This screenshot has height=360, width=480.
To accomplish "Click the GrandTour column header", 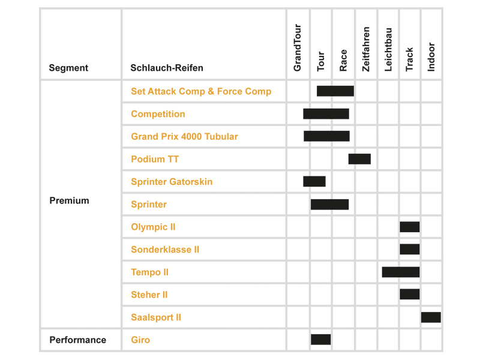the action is [297, 48].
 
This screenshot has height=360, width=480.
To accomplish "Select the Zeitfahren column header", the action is [366, 49].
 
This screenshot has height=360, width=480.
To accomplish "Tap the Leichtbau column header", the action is [388, 50].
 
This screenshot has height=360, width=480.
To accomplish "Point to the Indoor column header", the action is [431, 57].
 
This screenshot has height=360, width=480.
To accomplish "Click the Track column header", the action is [409, 59].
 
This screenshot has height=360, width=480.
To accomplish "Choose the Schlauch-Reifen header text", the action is [167, 68].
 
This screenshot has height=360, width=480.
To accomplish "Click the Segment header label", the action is [68, 68].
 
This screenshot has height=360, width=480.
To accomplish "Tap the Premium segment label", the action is [69, 200].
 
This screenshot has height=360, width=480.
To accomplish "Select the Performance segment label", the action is [78, 340].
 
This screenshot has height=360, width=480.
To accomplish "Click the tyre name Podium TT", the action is [155, 159].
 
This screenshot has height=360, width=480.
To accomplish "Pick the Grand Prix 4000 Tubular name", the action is [185, 137].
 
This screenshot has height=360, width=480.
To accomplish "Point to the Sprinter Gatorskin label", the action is [172, 182].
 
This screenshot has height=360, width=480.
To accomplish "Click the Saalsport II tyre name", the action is [156, 317].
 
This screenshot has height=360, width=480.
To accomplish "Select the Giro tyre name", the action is [140, 340].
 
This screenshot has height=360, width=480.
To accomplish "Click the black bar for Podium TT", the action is [359, 159].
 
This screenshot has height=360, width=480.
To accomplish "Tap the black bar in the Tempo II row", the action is [401, 272].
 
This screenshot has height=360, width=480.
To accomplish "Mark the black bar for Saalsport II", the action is [431, 317].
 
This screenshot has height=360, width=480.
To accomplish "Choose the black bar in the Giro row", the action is [321, 340].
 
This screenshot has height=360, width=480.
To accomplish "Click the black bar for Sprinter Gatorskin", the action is [314, 181].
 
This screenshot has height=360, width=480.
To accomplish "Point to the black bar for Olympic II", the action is [410, 227].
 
